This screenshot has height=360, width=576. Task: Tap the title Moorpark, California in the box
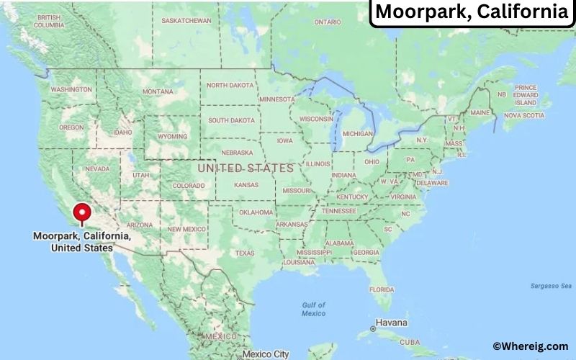(x=472, y=12)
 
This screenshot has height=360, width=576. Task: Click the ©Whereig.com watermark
(x=530, y=347)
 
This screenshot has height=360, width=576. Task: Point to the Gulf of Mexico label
(x=313, y=309)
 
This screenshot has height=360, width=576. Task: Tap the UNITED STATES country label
(x=246, y=168)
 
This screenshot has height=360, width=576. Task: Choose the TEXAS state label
(x=244, y=253)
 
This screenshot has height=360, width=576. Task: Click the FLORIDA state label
(x=381, y=289)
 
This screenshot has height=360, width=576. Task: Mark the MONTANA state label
(x=158, y=91)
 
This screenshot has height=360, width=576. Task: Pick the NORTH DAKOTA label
(x=230, y=85)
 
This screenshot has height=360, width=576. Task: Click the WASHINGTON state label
(x=71, y=89)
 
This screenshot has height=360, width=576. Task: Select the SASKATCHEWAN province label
(x=186, y=20)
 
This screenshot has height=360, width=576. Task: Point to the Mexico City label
(x=266, y=354)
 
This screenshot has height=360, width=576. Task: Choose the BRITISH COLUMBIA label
(x=48, y=20)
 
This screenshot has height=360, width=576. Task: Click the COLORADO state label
(x=189, y=185)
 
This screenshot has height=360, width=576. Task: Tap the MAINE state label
(x=480, y=112)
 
